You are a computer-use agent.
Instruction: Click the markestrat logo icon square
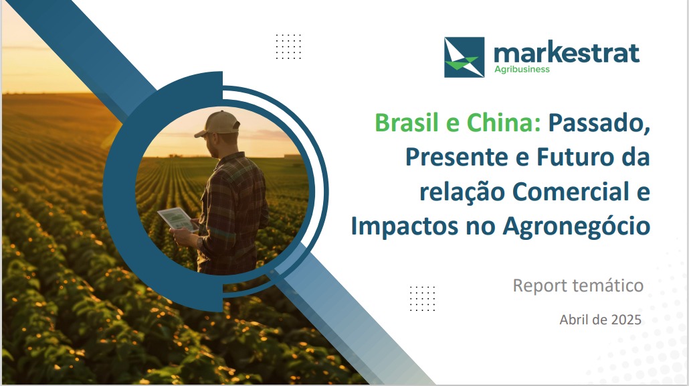(x=464, y=57)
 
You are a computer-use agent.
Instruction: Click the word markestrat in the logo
(x=567, y=53)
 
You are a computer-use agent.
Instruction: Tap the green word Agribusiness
(x=522, y=69)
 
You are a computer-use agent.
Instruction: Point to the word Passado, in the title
(x=599, y=124)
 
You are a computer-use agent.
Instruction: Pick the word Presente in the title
(x=456, y=157)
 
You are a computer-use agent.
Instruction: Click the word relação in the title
(x=462, y=192)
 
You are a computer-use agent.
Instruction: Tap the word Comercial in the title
(x=571, y=192)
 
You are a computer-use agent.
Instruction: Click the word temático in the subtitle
(x=608, y=285)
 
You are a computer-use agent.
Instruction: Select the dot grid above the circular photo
(x=288, y=47)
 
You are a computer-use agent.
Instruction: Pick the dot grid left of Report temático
(x=422, y=298)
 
